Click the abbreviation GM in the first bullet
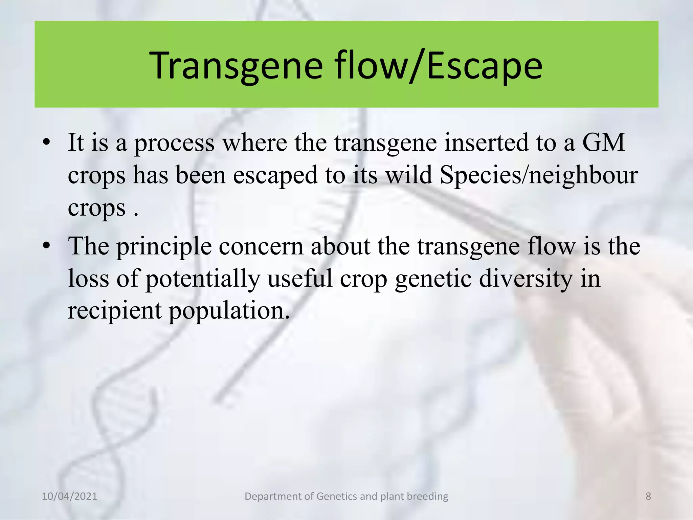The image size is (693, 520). (603, 143)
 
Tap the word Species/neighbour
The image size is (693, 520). (539, 175)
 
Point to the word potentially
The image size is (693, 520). (203, 279)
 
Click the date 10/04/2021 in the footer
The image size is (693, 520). (69, 496)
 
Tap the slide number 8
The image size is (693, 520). (648, 496)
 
